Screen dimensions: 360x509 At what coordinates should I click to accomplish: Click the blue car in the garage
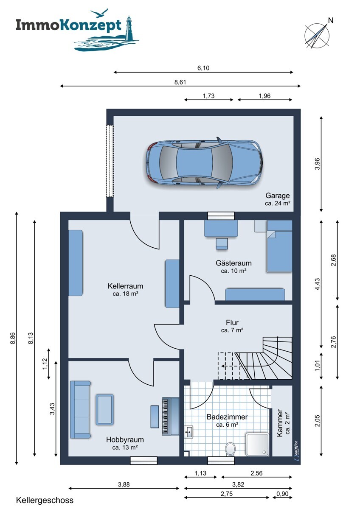click(x=204, y=162)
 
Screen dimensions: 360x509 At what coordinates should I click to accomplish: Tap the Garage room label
click(x=278, y=196)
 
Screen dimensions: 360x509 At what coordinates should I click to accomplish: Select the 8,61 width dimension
click(x=180, y=82)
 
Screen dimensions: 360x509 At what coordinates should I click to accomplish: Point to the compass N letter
click(x=331, y=20)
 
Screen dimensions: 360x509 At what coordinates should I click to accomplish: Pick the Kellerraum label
click(x=125, y=286)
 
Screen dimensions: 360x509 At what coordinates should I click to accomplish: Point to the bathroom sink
click(x=188, y=432)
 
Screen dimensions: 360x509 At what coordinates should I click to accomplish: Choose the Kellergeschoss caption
click(x=45, y=501)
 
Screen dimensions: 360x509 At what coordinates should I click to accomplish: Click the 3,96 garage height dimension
click(x=318, y=164)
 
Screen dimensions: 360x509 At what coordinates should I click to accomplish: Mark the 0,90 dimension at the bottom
click(x=282, y=492)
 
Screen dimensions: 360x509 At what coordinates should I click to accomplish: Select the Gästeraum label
click(x=233, y=263)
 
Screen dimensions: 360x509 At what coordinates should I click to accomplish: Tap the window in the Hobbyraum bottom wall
click(x=144, y=460)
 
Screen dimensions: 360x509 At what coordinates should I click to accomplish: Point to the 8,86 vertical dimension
click(x=13, y=338)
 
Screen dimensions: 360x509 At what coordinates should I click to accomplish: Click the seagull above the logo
click(x=99, y=13)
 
